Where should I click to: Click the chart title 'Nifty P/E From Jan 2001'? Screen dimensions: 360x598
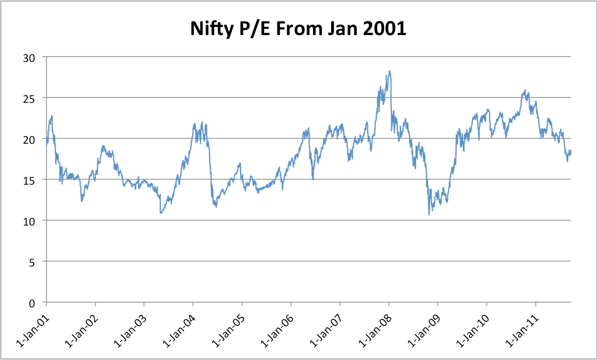tap(298, 29)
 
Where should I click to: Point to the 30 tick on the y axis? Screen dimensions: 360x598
tap(30, 57)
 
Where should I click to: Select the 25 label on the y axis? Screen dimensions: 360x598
tap(30, 98)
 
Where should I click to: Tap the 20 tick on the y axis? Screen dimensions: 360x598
tap(30, 139)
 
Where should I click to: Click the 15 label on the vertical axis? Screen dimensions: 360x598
tap(30, 180)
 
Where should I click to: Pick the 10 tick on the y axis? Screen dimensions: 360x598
tap(30, 221)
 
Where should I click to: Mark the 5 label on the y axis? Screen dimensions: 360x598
tap(33, 262)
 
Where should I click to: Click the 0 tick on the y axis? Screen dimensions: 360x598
tap(33, 303)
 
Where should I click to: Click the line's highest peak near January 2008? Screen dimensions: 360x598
tap(389, 72)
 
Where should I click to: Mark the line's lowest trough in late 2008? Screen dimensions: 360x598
tap(429, 214)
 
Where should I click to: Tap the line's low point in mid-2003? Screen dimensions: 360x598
tap(161, 213)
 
